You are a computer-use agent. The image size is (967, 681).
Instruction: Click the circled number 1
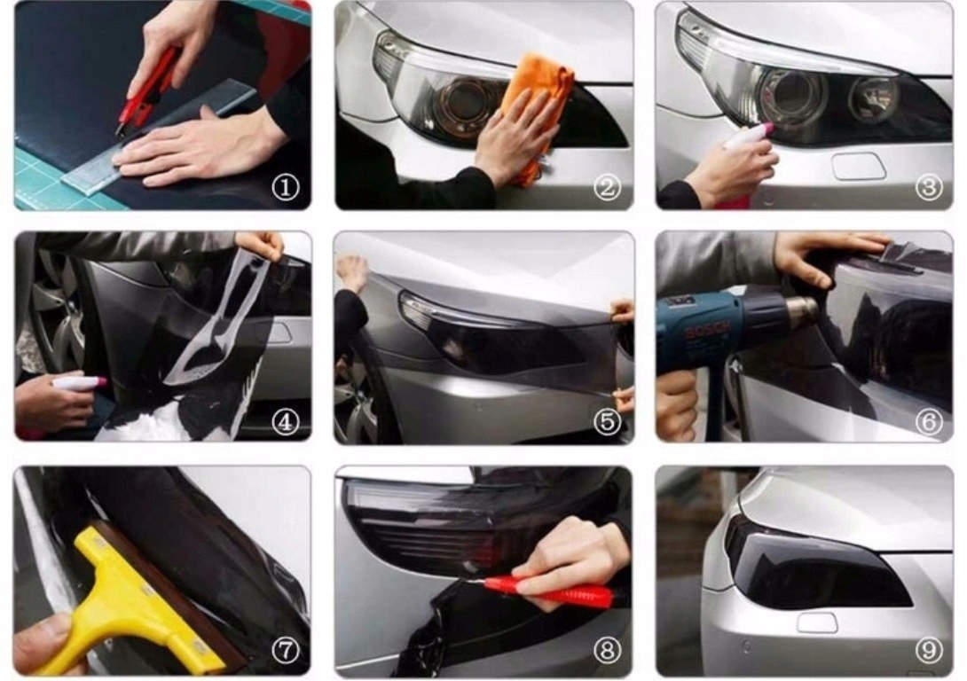tap(286, 187)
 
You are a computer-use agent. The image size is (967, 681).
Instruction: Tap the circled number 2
tap(608, 187)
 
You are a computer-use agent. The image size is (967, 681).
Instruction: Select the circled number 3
tap(929, 187)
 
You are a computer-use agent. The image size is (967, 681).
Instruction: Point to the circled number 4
tap(286, 422)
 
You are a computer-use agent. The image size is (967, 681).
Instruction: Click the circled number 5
tap(608, 422)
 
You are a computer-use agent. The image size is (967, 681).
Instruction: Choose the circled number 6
tap(929, 422)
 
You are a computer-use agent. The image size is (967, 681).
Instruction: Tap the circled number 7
tap(286, 650)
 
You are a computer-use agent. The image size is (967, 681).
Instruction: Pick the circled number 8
tap(608, 650)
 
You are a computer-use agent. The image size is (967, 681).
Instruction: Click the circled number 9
tap(929, 650)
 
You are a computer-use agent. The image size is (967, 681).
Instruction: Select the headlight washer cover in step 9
tap(817, 622)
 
